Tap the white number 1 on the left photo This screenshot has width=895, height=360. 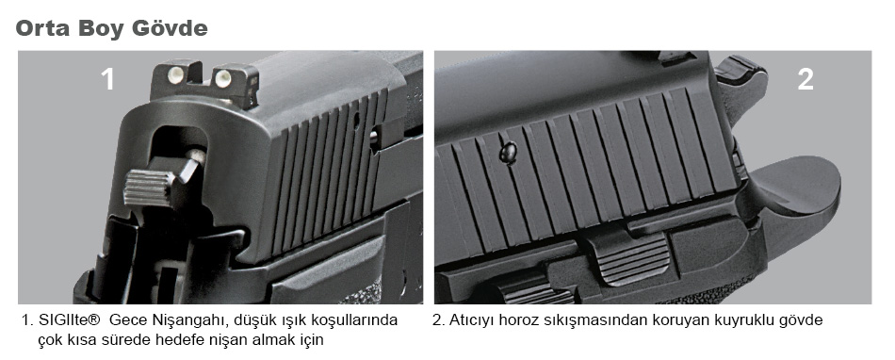(107, 79)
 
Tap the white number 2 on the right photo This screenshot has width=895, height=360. (805, 79)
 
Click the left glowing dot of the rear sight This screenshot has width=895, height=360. (177, 73)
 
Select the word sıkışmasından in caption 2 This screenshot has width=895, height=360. (578, 321)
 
